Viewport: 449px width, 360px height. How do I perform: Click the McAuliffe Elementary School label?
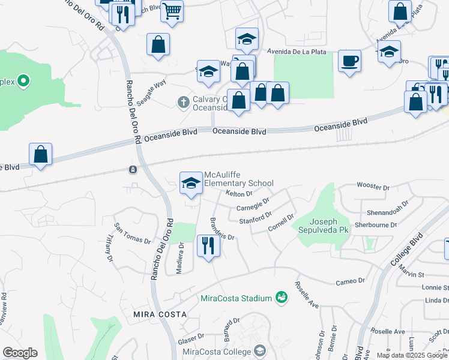pos(238,179)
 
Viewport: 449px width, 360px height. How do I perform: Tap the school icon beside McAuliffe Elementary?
pos(191,183)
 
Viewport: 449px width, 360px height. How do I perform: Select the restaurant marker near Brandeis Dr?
pos(207,246)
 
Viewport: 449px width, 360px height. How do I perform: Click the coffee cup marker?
pos(349,61)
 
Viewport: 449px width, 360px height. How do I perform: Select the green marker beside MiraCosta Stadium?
pos(281,297)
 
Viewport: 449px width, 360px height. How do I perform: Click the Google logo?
pos(19,353)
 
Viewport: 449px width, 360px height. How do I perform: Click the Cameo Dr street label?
pos(351,281)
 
